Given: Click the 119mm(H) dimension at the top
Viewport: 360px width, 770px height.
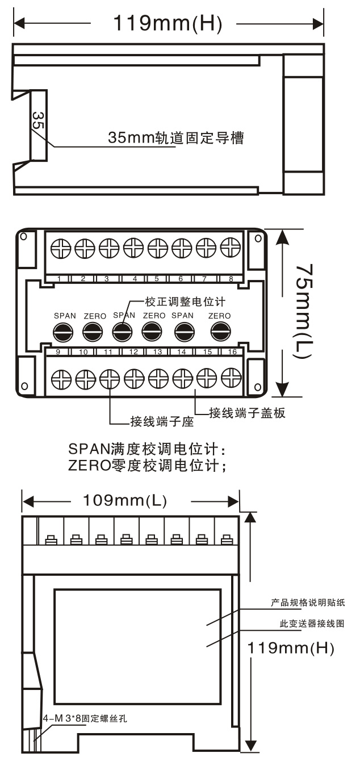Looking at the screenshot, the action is click(168, 23).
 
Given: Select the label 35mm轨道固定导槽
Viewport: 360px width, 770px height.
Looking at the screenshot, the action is click(175, 137).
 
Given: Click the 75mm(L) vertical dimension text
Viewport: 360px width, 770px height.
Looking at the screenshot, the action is click(304, 311).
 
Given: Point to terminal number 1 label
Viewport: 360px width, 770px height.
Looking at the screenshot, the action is click(59, 279).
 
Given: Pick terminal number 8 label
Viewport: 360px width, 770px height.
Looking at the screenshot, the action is click(231, 279).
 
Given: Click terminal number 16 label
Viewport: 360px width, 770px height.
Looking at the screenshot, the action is click(232, 351).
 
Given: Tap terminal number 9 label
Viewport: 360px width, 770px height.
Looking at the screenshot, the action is click(58, 351).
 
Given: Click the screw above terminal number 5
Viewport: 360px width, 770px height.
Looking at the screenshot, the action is click(158, 248).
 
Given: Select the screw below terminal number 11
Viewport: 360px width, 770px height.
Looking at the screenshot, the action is click(110, 379).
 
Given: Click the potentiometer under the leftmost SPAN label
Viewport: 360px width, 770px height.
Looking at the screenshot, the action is click(63, 332).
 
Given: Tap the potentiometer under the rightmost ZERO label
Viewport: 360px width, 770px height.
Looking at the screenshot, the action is click(220, 332).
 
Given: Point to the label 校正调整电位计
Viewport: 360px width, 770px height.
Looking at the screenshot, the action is click(185, 302).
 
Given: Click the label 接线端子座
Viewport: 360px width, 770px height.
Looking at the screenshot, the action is click(162, 421).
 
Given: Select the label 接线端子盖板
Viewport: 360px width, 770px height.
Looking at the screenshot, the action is click(247, 412).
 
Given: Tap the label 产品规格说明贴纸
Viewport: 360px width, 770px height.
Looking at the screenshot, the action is click(308, 602).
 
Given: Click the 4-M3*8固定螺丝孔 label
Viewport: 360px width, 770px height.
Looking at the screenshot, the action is click(85, 719).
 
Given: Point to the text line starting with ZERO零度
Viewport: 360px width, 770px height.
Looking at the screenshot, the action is click(147, 466).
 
